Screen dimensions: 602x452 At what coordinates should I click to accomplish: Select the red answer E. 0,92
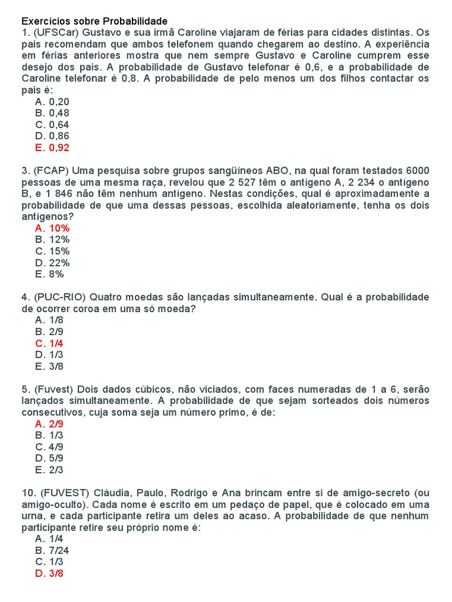[x=52, y=148]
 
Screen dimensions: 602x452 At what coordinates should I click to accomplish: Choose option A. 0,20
[x=52, y=102]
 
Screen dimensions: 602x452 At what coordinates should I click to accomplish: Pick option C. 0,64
[x=52, y=125]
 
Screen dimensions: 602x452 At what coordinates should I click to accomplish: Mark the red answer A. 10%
[x=52, y=228]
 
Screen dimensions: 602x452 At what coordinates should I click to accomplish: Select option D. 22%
[x=52, y=263]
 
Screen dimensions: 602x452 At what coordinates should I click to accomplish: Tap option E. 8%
[x=50, y=274]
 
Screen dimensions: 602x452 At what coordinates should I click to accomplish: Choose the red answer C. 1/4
[x=49, y=343]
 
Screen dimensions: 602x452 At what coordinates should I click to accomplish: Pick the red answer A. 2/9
[x=49, y=424]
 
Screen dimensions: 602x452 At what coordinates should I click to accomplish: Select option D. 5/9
[x=49, y=458]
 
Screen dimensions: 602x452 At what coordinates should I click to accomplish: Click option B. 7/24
[x=52, y=550]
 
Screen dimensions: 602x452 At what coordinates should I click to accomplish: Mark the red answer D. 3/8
[x=49, y=573]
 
